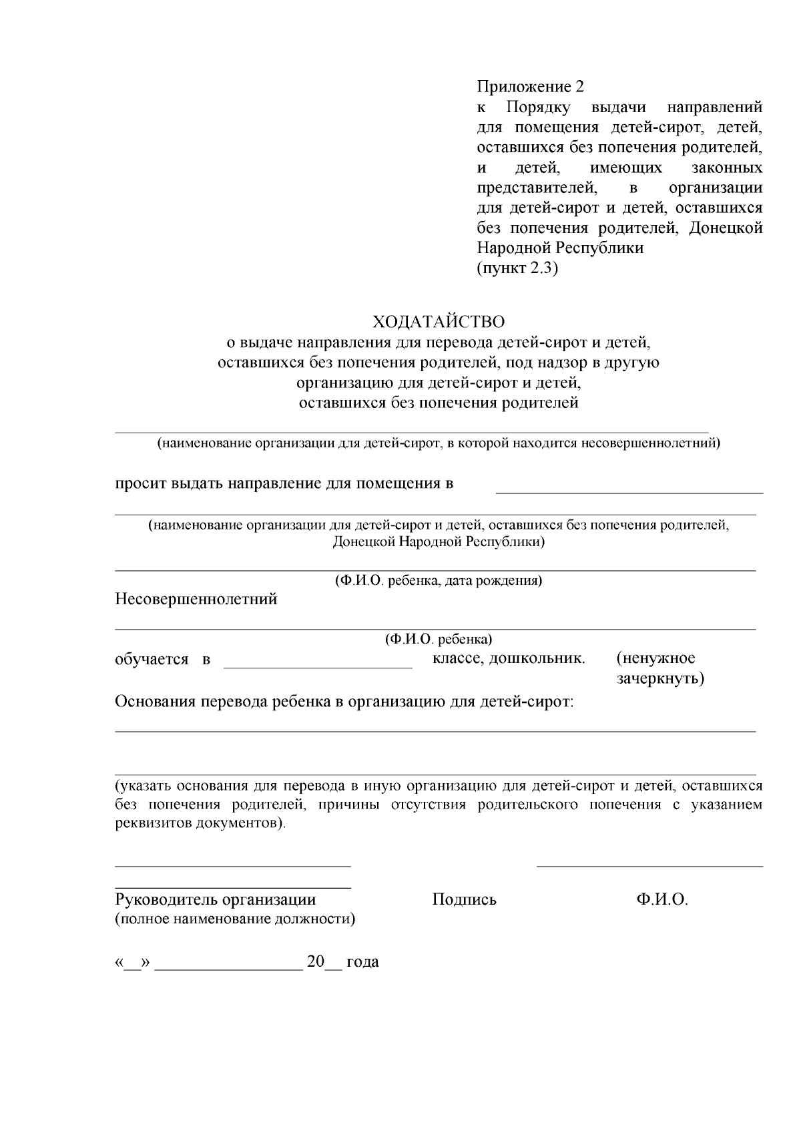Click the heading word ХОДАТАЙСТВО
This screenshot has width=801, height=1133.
pos(438,322)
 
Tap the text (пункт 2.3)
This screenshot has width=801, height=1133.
pos(517,268)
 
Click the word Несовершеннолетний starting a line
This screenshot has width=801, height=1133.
pos(196,599)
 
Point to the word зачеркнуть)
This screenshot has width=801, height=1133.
pos(659,679)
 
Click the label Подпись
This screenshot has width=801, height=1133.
pos(464,899)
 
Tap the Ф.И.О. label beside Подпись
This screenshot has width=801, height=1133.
pos(661,899)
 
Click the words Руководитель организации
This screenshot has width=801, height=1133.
pos(215,899)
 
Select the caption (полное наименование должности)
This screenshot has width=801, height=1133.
pos(235,919)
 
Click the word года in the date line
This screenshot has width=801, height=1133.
pos(362,962)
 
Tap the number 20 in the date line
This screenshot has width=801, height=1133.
pos(315,962)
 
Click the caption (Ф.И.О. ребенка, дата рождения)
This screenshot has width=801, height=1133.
pos(438,581)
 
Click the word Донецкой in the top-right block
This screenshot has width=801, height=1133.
pos(725,228)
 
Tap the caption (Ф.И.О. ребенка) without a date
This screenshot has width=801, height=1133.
pos(438,640)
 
